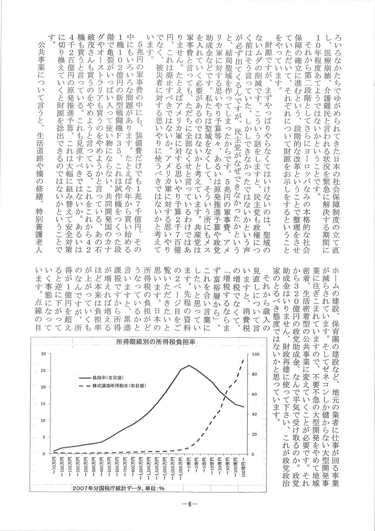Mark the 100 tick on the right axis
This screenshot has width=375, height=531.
[256, 354]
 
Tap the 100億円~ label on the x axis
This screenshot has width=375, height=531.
[243, 468]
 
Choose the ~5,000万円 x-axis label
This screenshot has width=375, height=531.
[181, 469]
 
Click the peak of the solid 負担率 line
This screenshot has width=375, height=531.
[189, 365]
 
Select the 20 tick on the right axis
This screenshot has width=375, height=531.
[254, 434]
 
